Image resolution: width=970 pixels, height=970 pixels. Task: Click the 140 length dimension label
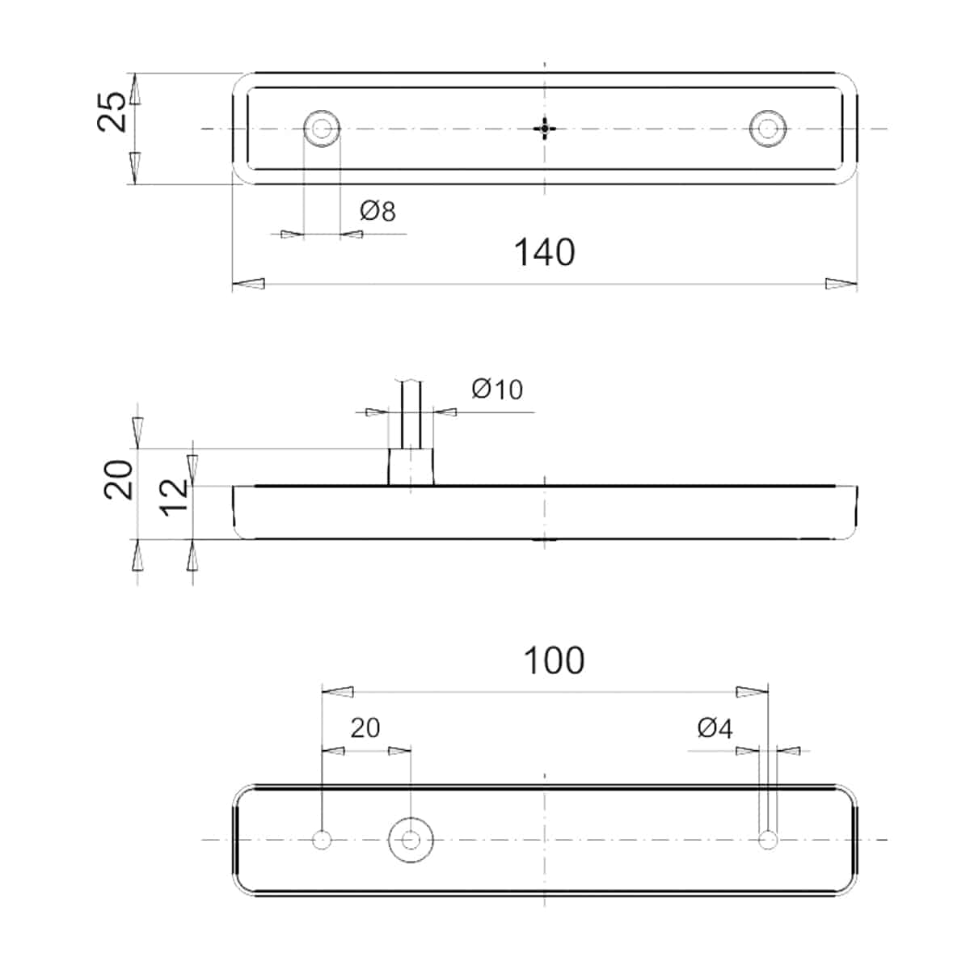pyautogui.click(x=544, y=252)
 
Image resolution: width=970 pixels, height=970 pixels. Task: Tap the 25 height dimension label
pyautogui.click(x=112, y=112)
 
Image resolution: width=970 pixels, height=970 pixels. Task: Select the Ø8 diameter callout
pyautogui.click(x=378, y=212)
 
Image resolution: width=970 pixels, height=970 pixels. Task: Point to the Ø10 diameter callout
pyautogui.click(x=497, y=390)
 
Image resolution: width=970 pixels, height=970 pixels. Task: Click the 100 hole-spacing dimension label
pyautogui.click(x=555, y=660)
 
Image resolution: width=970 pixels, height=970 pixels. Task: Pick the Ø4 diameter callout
pyautogui.click(x=715, y=727)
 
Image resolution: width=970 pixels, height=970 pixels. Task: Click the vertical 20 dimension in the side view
pyautogui.click(x=119, y=479)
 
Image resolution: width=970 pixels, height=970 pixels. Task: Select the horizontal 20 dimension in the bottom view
pyautogui.click(x=365, y=727)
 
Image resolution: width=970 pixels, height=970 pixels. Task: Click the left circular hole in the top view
pyautogui.click(x=322, y=129)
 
